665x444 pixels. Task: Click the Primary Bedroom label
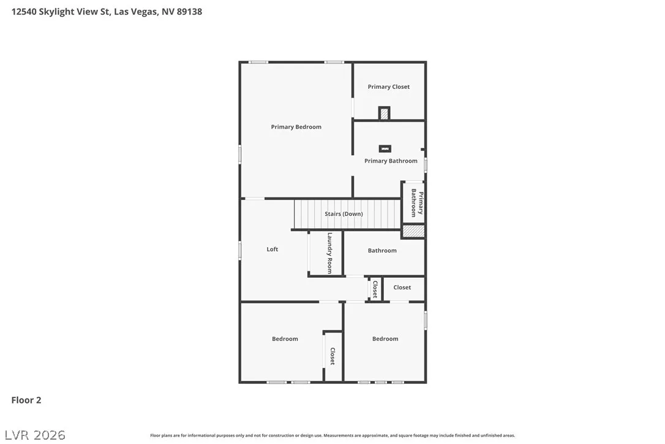(x=296, y=126)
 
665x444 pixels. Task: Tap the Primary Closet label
(x=388, y=86)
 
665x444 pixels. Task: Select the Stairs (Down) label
(x=344, y=213)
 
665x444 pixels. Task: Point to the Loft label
(x=272, y=249)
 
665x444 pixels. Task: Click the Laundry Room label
(x=329, y=253)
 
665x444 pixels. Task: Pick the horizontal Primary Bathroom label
(x=391, y=161)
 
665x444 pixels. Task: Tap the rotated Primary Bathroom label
(x=417, y=202)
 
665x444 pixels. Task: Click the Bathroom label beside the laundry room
(x=382, y=250)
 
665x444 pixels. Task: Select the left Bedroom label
(x=285, y=339)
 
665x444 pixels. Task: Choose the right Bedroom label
(x=385, y=339)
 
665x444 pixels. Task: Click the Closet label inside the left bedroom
(x=333, y=356)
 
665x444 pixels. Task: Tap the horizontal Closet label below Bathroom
(x=402, y=287)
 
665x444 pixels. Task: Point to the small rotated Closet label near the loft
(x=375, y=289)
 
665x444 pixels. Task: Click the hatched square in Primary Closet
(x=384, y=113)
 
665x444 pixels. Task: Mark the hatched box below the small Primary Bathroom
(x=413, y=231)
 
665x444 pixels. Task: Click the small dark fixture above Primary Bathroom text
(x=385, y=148)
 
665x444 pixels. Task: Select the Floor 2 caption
(x=26, y=400)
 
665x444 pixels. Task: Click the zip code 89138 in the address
(x=189, y=12)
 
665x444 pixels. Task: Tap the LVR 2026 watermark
(x=35, y=435)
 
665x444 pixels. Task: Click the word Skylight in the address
(x=56, y=12)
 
